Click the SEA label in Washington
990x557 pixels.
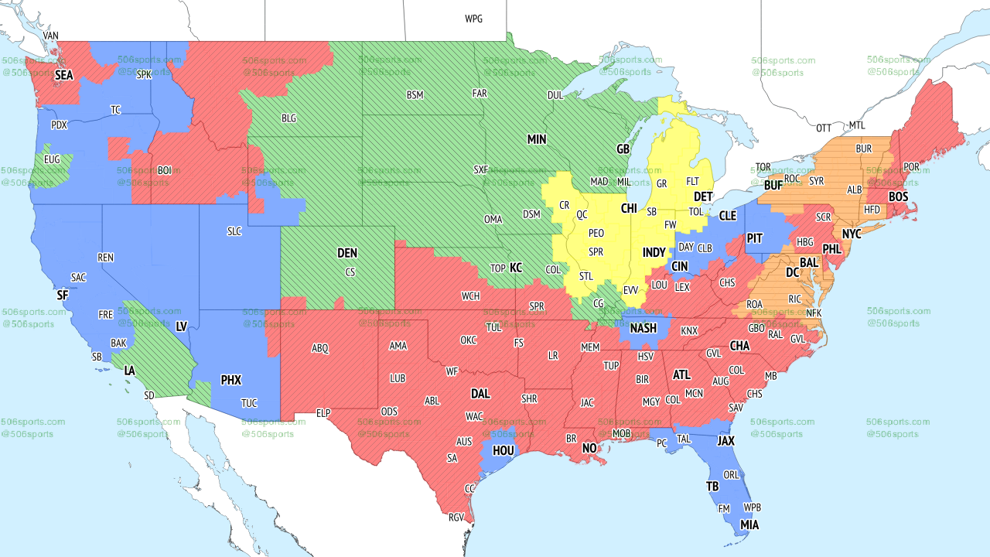pos(63,76)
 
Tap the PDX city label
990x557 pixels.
pos(59,125)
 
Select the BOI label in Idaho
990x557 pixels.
pos(165,170)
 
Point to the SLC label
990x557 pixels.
pos(234,231)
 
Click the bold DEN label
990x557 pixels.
pos(347,253)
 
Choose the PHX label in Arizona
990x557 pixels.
pos(231,380)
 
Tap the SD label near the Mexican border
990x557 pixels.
pos(149,395)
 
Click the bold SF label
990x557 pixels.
pos(63,296)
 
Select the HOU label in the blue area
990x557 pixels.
pos(504,449)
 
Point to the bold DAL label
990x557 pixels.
pos(480,394)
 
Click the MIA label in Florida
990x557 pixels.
pos(749,525)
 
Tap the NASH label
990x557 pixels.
pos(643,328)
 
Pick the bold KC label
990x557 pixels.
pos(516,268)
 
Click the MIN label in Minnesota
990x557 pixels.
pos(537,139)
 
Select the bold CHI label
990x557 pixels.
pos(629,209)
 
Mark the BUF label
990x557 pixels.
pos(773,186)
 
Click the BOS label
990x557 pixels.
pos(898,197)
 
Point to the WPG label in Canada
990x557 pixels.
pos(473,19)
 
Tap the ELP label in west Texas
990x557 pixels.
pos(323,414)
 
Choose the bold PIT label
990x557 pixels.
pos(755,238)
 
